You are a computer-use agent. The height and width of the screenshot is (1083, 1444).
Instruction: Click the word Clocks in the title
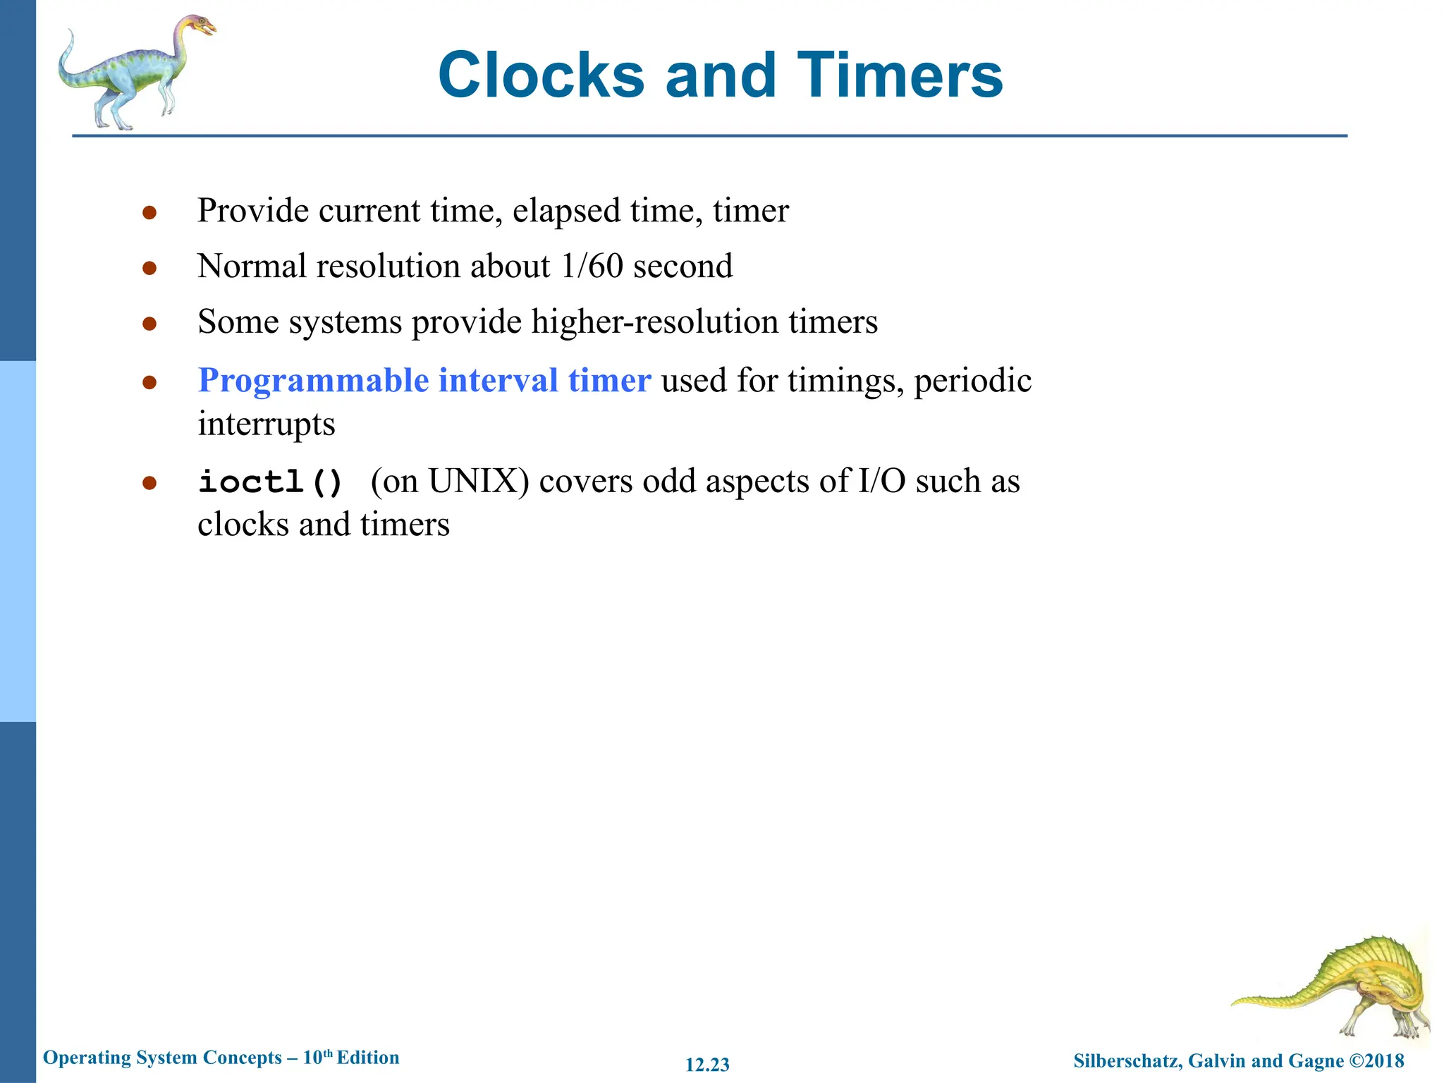tap(541, 75)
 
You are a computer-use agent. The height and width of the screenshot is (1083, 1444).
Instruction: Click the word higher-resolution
tap(655, 322)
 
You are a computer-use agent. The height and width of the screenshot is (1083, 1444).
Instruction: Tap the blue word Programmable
tap(313, 381)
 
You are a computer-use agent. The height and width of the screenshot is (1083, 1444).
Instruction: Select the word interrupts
tap(266, 424)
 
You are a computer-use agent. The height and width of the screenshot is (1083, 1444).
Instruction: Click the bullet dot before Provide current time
tap(149, 212)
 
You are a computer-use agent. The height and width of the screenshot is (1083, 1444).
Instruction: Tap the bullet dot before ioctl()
tap(149, 484)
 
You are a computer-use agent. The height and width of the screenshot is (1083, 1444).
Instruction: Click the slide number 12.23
tap(707, 1065)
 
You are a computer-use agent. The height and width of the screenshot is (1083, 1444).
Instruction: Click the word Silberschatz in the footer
tap(1126, 1060)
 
